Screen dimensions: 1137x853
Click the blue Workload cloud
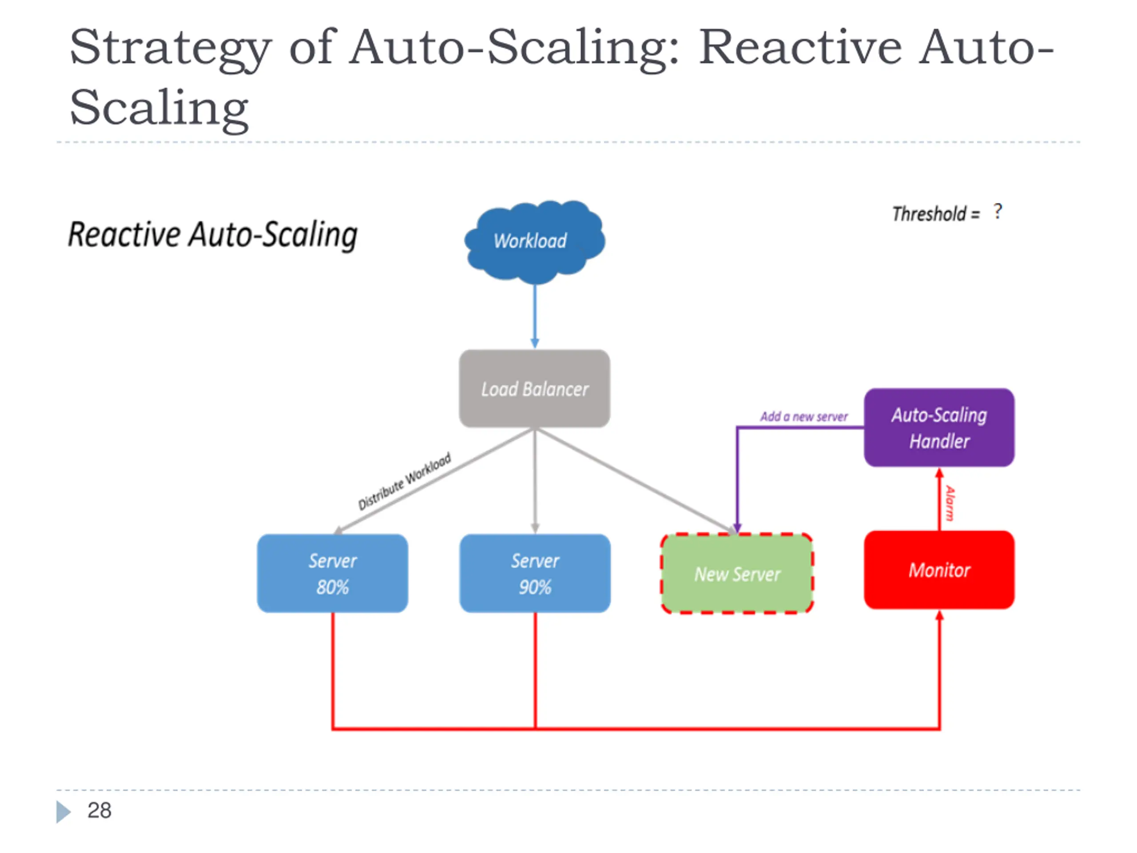(535, 242)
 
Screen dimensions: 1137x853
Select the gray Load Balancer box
(535, 389)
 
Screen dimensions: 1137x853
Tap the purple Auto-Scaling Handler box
(939, 427)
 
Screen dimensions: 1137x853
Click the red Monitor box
(939, 570)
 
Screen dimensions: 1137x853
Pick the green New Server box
(737, 573)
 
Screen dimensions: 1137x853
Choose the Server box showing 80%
(333, 573)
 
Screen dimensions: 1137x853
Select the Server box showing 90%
(535, 573)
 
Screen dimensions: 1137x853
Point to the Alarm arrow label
(950, 503)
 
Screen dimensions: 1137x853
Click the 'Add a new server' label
(804, 416)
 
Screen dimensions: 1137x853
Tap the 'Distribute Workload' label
(405, 481)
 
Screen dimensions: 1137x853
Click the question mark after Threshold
(998, 211)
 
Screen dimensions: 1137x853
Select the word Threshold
(929, 213)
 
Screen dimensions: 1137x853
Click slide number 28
(99, 810)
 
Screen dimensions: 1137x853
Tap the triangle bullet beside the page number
(63, 812)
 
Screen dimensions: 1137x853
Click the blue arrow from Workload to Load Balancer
(535, 316)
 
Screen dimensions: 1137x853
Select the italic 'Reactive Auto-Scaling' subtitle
(213, 235)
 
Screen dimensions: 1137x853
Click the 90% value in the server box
(535, 587)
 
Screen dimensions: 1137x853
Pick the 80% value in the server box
(333, 587)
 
